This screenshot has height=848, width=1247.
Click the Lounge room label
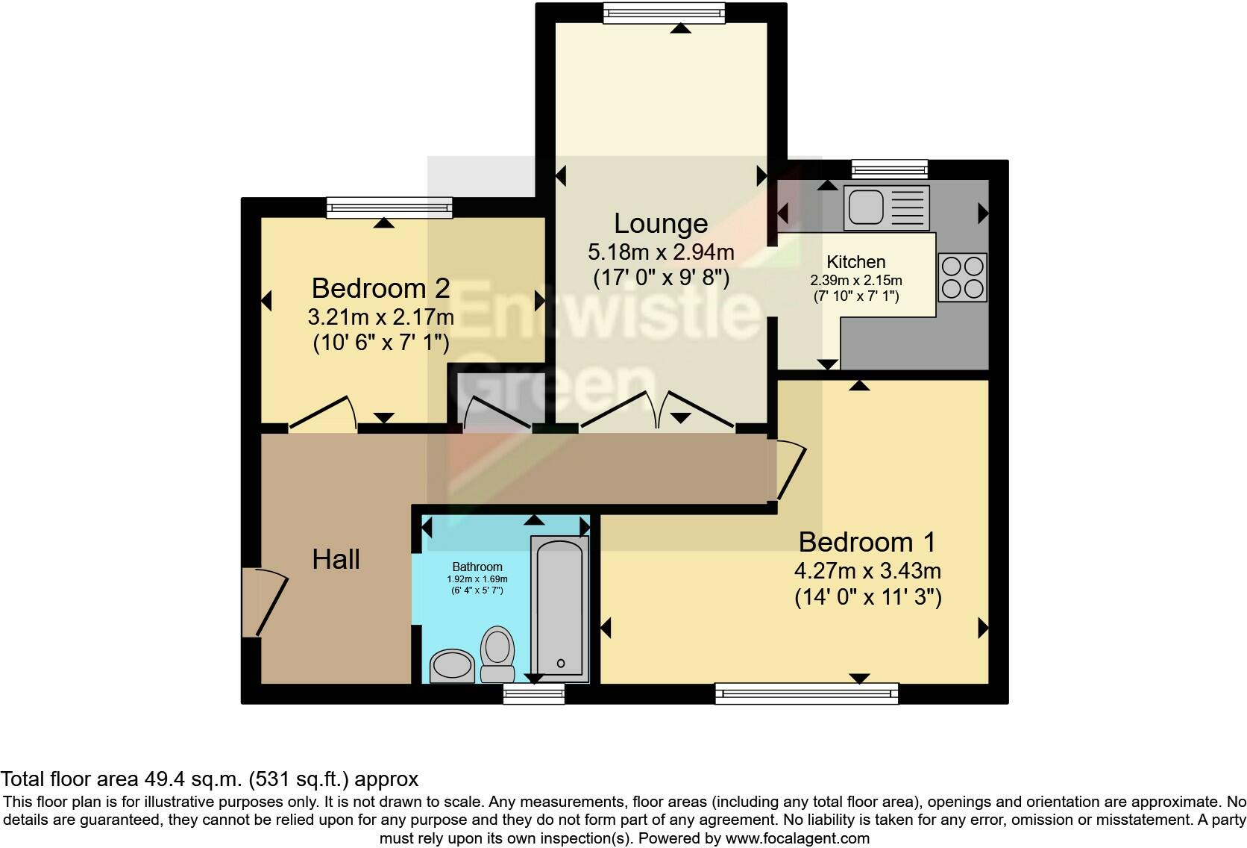661,223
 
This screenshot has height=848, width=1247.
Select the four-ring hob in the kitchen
962,278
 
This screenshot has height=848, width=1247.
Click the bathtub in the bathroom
559,608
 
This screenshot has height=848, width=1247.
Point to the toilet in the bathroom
497,652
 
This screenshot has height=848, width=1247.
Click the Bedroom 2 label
380,288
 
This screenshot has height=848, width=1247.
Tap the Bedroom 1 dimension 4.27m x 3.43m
867,571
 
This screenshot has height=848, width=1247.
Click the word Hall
336,559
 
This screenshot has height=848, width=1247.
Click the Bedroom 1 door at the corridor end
789,470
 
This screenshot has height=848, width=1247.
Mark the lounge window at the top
663,13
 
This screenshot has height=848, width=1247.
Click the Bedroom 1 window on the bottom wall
806,694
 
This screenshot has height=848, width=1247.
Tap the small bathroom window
533,695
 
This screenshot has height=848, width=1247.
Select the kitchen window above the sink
890,169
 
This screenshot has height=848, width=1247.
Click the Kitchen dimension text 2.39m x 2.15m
856,281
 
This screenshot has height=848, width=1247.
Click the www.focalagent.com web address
797,838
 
